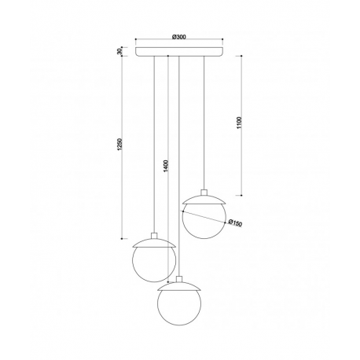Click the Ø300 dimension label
tap(179, 37)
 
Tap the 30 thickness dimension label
tap(119, 51)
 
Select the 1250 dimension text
tap(119, 145)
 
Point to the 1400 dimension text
tap(166, 166)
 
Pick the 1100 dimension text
tap(239, 123)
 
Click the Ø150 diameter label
tap(235, 222)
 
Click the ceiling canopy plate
tap(179, 52)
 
